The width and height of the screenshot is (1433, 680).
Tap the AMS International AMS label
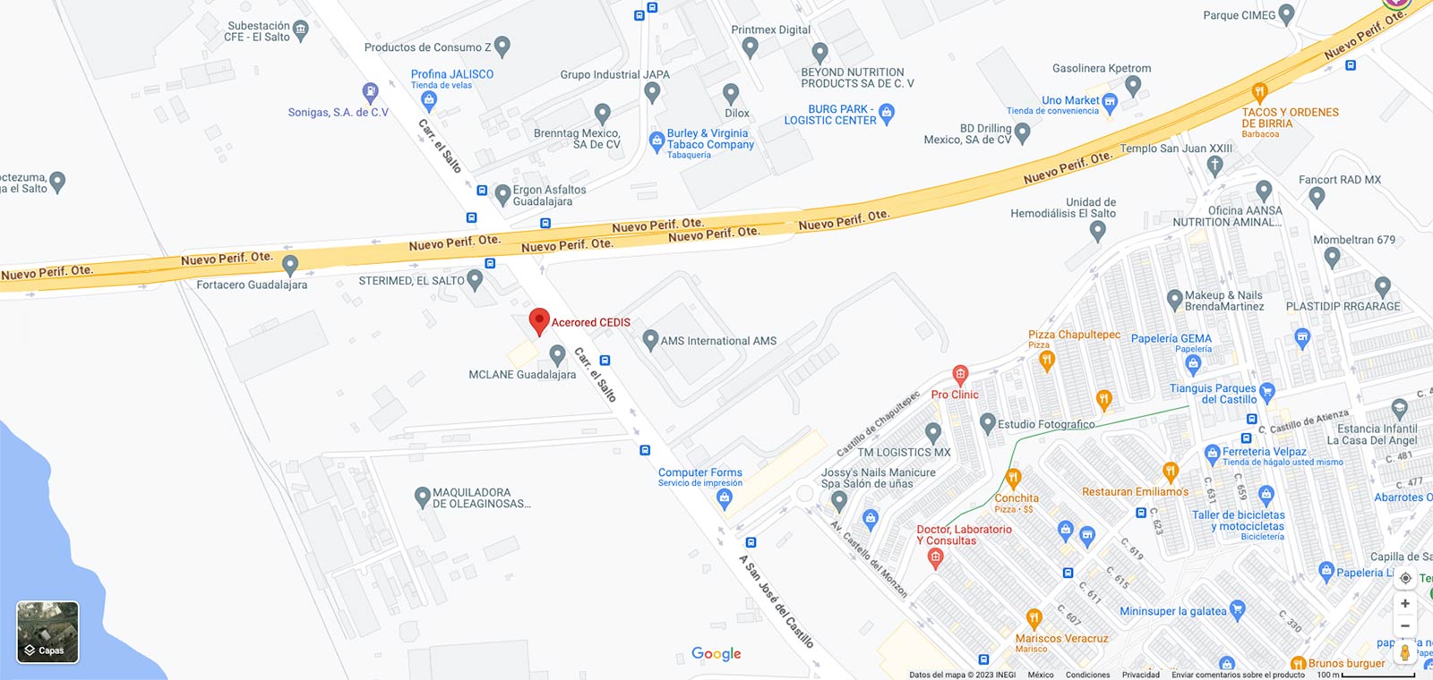718,341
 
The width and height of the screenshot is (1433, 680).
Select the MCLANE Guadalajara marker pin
557,355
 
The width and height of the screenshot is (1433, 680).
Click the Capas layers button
47,633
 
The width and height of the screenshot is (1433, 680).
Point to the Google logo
716,654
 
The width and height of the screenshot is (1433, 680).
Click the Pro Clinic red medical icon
960,374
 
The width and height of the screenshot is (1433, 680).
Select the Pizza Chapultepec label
1074,335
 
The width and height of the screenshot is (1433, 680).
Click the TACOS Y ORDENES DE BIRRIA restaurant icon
1259,91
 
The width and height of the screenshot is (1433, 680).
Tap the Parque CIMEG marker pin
1287,14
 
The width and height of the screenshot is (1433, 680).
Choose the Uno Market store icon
1110,101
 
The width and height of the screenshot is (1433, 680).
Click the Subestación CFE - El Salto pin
301,30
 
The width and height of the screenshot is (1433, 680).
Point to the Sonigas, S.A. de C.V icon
370,91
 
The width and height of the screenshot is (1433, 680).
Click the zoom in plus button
1405,603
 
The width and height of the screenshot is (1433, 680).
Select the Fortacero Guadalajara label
252,285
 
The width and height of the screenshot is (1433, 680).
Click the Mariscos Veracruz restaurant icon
1034,618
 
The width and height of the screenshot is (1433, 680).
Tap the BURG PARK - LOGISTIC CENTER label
830,115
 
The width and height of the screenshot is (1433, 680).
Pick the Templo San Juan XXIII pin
1214,165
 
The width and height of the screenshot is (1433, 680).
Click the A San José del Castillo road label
776,601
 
